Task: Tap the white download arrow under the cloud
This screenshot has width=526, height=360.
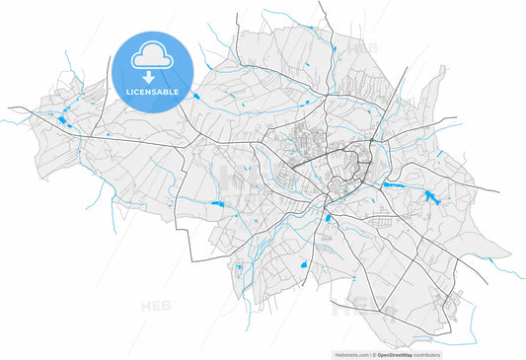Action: tap(149, 77)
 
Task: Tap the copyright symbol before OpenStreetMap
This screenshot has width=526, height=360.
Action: tap(373, 352)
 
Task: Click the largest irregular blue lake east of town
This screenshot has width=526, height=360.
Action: tap(431, 197)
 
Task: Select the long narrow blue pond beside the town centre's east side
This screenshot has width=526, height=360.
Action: tap(393, 184)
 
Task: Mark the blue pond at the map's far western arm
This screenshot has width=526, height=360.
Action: tap(62, 121)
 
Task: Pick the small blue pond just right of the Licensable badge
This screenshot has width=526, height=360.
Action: tap(195, 96)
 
